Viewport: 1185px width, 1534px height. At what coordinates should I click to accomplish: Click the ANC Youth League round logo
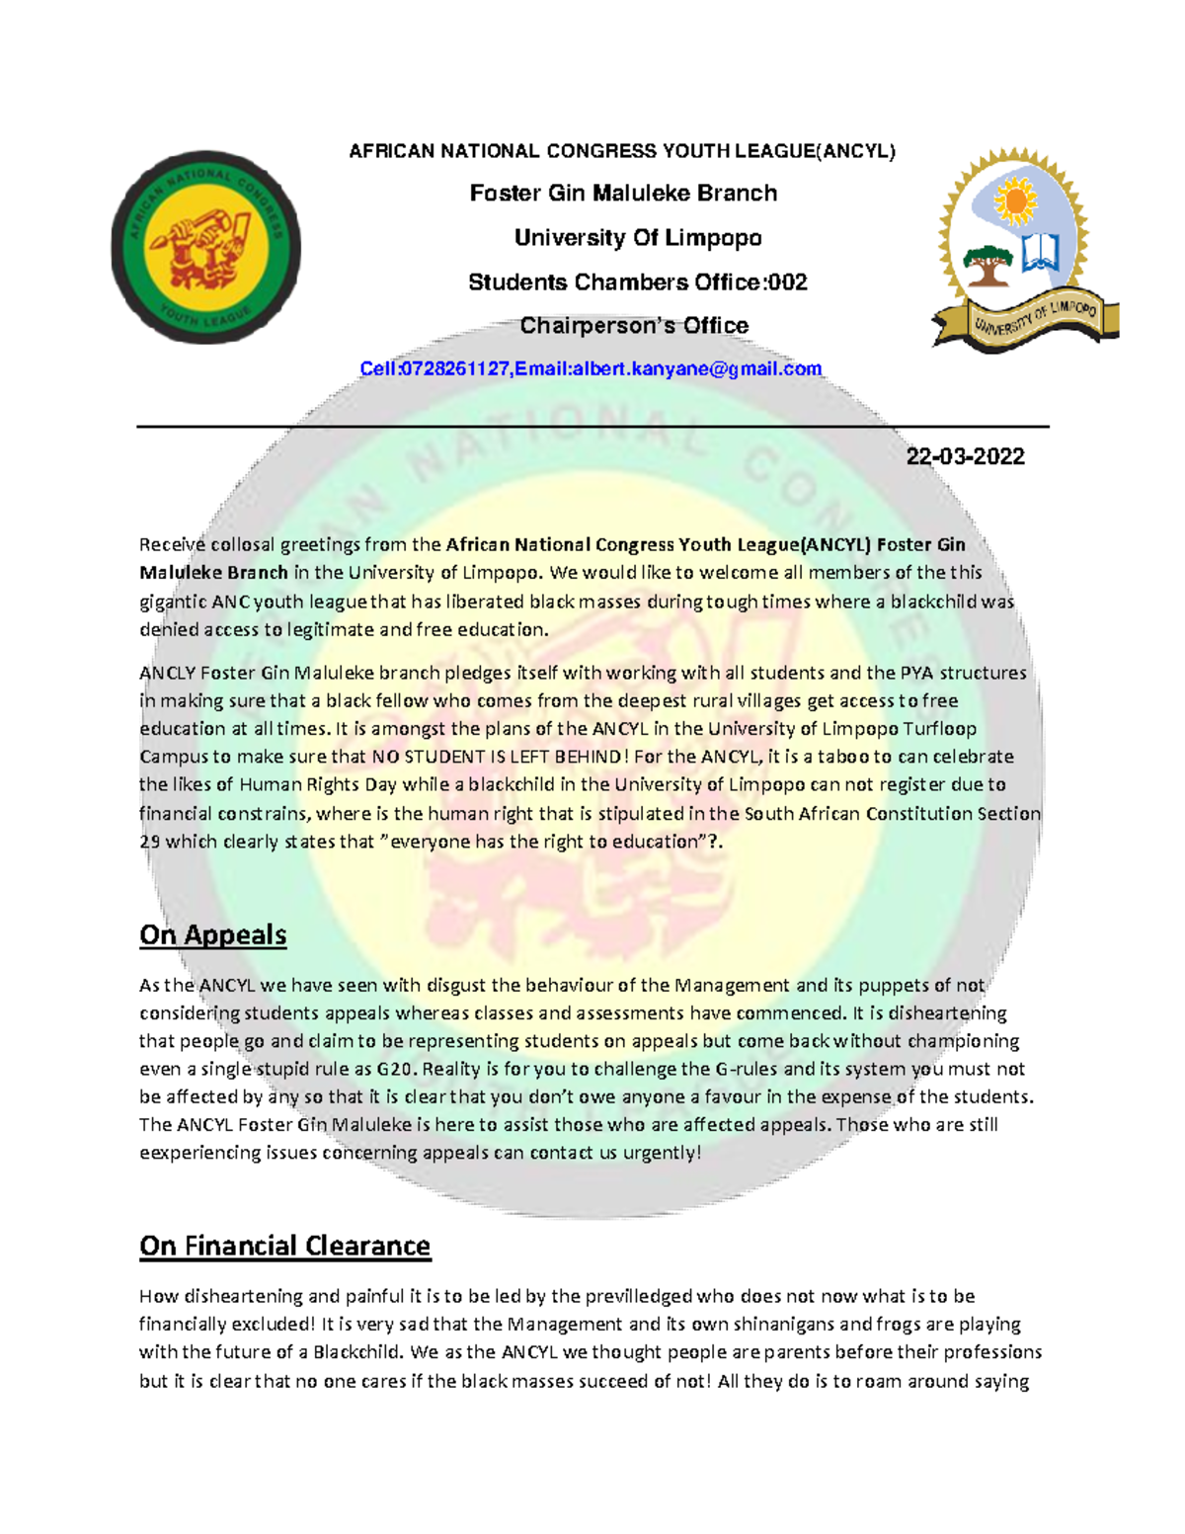click(205, 247)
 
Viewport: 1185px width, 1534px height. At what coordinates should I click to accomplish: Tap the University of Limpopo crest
click(1021, 252)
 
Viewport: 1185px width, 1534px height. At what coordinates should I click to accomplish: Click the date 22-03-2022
click(965, 456)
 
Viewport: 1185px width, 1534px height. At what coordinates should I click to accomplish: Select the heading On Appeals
click(212, 934)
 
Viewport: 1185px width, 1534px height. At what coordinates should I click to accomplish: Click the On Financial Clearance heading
click(284, 1246)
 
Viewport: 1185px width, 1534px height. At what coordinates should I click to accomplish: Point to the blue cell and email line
click(591, 369)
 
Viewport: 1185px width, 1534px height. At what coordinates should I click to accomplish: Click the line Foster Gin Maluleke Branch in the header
click(623, 194)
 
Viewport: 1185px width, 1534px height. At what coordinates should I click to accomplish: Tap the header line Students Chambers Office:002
click(637, 283)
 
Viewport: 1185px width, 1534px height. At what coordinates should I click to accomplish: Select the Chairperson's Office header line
click(634, 326)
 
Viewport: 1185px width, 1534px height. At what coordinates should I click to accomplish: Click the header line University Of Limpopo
click(638, 238)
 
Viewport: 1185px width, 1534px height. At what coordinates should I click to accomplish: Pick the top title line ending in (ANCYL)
click(622, 151)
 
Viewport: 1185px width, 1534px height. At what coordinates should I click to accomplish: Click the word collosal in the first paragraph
click(242, 544)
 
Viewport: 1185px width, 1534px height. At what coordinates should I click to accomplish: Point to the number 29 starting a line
click(149, 842)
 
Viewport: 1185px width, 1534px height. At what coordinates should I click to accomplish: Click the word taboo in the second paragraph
click(842, 757)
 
